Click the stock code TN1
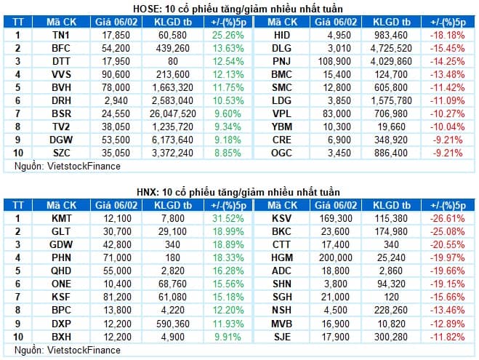click(61, 35)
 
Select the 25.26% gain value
click(228, 35)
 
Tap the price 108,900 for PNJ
click(334, 61)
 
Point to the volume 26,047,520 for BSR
click(172, 113)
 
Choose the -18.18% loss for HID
click(448, 35)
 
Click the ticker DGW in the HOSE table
click(61, 140)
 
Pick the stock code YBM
click(282, 127)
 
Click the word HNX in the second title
click(147, 192)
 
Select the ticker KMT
click(61, 218)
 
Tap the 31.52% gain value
click(228, 218)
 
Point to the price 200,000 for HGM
click(335, 257)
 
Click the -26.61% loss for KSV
click(448, 218)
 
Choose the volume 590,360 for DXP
click(172, 324)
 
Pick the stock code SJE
click(282, 337)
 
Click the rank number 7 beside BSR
click(17, 113)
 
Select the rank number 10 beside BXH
click(18, 337)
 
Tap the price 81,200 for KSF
click(117, 297)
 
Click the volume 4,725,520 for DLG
click(391, 48)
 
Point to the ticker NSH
click(282, 310)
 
